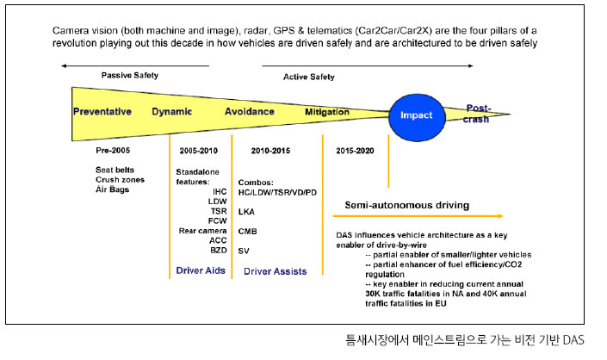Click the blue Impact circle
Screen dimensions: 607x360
(417, 117)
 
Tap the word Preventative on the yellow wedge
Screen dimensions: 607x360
(102, 111)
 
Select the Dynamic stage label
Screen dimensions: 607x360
(172, 111)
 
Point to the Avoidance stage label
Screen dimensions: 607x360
(250, 111)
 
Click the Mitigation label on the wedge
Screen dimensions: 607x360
(327, 112)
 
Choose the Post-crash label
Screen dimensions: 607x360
(476, 114)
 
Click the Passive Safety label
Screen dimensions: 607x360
(130, 75)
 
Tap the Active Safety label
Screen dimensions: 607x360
(308, 77)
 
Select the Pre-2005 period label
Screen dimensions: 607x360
(113, 150)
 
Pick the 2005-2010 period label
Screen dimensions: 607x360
(198, 151)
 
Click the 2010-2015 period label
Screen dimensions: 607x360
(270, 151)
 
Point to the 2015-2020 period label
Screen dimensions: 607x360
(355, 151)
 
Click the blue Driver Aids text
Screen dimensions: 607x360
(201, 270)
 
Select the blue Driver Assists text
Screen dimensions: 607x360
(275, 271)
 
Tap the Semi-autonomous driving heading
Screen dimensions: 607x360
(407, 205)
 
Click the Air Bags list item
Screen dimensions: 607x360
(112, 189)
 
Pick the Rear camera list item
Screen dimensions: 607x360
(202, 231)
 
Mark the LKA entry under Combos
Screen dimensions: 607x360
(246, 212)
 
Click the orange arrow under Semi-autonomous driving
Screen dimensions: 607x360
(418, 216)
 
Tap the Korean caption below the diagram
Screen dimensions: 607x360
(465, 340)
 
